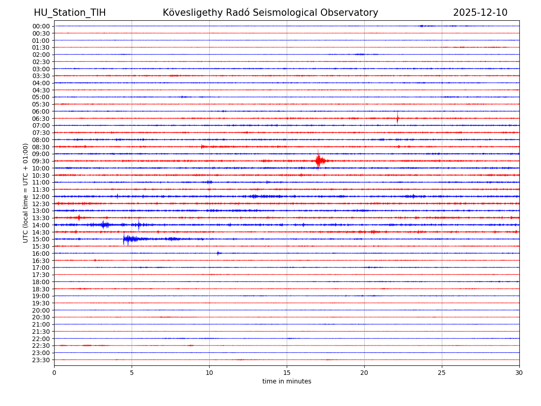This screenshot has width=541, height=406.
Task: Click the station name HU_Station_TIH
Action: pyautogui.click(x=70, y=13)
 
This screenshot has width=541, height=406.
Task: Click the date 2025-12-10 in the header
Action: pyautogui.click(x=480, y=13)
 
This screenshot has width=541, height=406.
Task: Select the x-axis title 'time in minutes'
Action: pyautogui.click(x=287, y=382)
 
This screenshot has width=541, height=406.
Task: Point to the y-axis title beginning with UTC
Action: pyautogui.click(x=26, y=193)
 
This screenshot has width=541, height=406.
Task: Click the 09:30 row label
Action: pyautogui.click(x=41, y=161)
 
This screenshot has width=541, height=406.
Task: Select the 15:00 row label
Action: pyautogui.click(x=41, y=239)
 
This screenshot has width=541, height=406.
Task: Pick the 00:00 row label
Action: pyautogui.click(x=41, y=26)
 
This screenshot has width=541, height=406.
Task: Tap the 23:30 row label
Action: pyautogui.click(x=41, y=360)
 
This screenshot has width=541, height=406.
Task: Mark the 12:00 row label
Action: pyautogui.click(x=41, y=197)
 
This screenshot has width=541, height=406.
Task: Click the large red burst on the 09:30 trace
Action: pyautogui.click(x=319, y=161)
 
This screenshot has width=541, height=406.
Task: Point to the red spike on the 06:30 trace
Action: pyautogui.click(x=397, y=118)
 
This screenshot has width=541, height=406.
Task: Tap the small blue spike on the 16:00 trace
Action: pyautogui.click(x=218, y=253)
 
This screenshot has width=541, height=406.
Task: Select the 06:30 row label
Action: pyautogui.click(x=41, y=118)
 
